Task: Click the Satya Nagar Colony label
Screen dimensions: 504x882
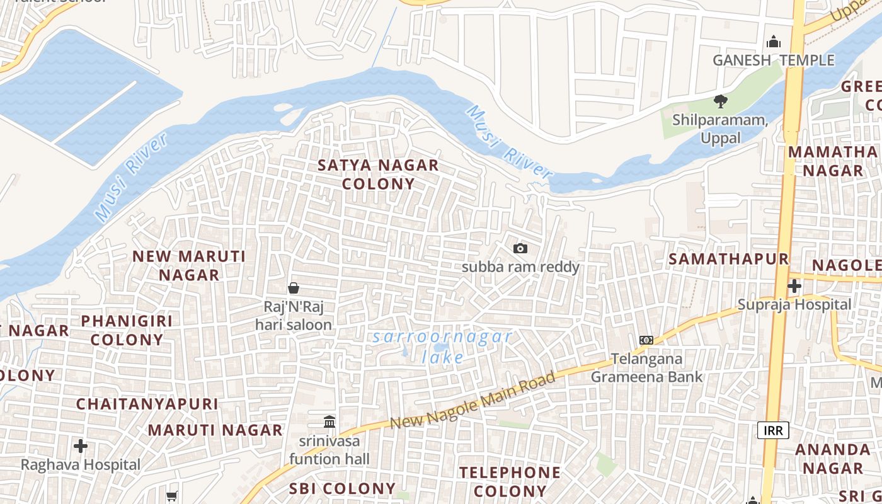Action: point(378,175)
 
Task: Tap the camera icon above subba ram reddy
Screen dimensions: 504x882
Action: point(520,249)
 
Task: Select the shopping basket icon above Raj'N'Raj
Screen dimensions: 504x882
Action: point(294,289)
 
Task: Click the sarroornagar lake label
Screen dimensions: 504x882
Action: point(442,346)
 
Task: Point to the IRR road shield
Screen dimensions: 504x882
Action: point(773,430)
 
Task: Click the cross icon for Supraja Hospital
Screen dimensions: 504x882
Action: point(794,286)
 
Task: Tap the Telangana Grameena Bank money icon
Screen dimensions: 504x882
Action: point(646,340)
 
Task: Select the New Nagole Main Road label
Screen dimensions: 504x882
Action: point(472,401)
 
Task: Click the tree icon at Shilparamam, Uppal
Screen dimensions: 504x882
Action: point(720,101)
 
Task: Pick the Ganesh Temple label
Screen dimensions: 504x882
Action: point(774,60)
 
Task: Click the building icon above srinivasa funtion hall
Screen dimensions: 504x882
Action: point(329,421)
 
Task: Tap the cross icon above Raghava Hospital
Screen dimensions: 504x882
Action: point(81,447)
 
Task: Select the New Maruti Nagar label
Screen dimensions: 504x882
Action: point(189,265)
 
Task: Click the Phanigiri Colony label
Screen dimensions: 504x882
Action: point(127,330)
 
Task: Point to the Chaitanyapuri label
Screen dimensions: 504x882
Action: point(147,404)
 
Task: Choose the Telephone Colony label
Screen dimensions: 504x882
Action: point(510,481)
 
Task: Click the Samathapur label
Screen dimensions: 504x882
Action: point(728,259)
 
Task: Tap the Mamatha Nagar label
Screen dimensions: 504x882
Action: point(833,161)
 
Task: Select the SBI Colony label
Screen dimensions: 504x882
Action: point(342,488)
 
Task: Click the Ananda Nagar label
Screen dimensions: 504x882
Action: point(833,459)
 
